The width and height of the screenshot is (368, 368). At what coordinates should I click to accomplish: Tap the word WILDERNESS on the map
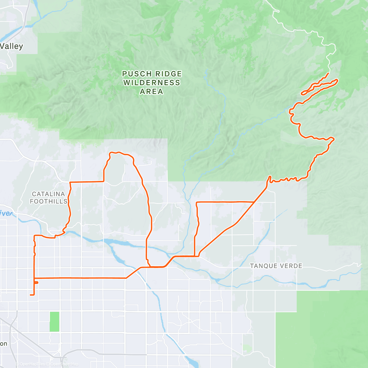coord(152,83)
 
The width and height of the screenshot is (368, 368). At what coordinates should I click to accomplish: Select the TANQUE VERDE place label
coord(276,266)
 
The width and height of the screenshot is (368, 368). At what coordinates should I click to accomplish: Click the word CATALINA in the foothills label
coord(48,194)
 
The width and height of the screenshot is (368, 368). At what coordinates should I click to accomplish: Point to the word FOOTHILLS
coord(48,201)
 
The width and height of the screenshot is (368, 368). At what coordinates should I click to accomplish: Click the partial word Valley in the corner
coord(11,46)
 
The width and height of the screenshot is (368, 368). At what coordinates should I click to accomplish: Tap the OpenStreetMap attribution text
coord(64,364)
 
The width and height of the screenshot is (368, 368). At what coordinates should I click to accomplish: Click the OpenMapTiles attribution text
coord(32,364)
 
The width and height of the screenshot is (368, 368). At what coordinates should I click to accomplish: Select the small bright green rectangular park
coord(54,321)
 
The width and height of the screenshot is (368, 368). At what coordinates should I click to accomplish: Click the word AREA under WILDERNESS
coord(151,92)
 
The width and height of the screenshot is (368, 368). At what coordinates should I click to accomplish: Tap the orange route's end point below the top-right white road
coord(328,74)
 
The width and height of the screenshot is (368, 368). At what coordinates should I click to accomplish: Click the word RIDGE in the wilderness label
coord(168,74)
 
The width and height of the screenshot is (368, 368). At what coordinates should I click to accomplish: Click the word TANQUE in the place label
coord(261,266)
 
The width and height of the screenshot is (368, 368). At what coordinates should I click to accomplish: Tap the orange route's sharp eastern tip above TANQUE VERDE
coord(334,139)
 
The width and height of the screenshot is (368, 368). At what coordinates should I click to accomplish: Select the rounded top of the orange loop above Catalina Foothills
coord(118,152)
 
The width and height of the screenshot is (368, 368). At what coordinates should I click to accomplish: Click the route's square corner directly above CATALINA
coord(71,182)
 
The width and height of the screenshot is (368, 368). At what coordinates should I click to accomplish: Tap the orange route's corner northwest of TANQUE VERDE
coord(197,202)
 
